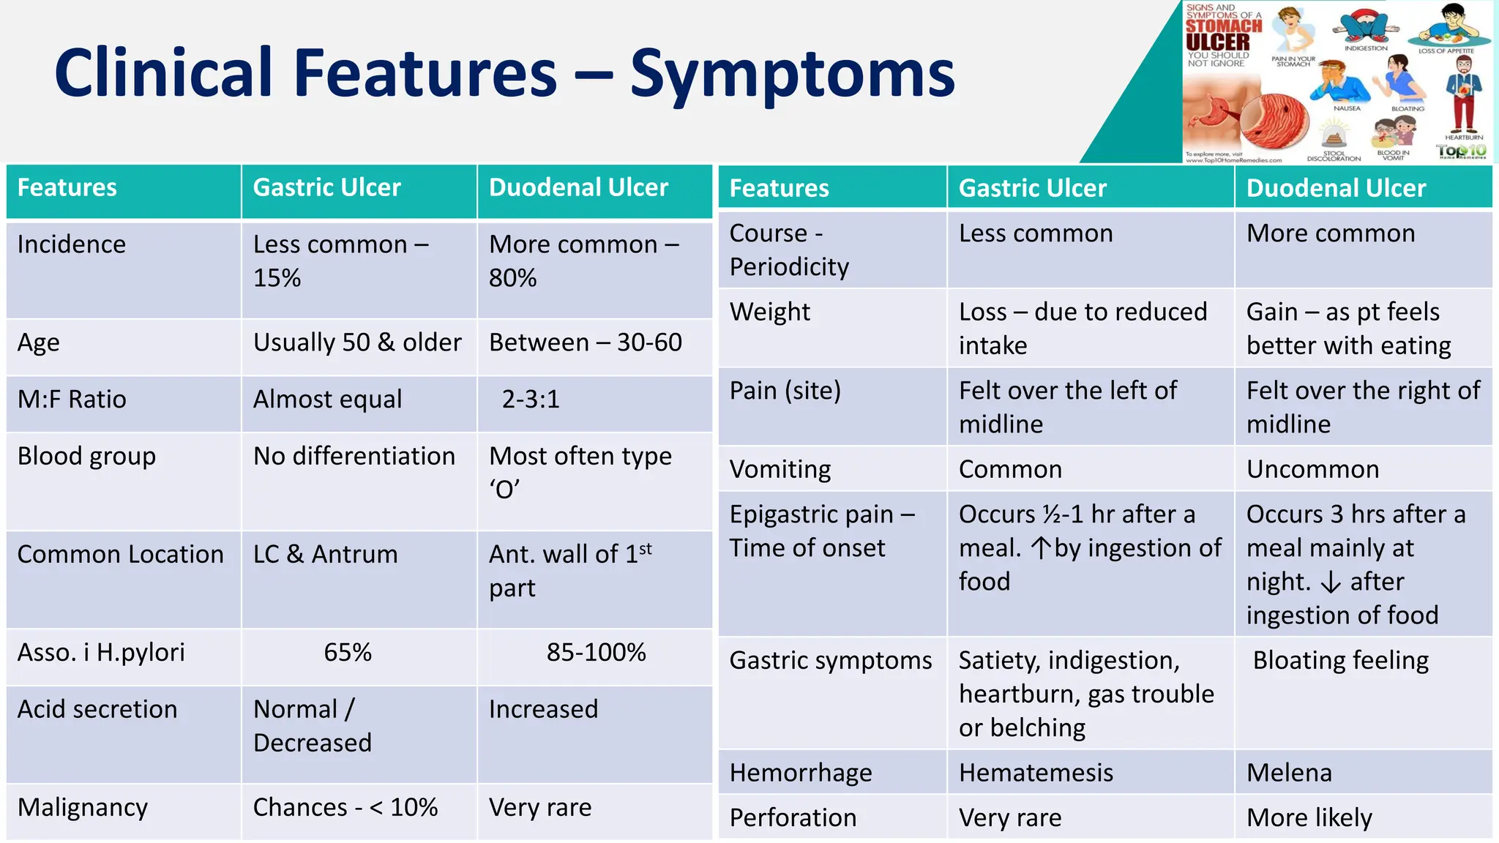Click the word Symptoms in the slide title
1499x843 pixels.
click(792, 73)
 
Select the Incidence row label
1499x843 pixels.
click(72, 244)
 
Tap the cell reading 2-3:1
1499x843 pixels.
click(531, 400)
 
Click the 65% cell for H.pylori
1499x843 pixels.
click(348, 653)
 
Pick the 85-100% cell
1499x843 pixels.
click(596, 653)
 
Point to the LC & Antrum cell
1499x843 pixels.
click(325, 555)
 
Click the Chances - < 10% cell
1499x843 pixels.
click(345, 808)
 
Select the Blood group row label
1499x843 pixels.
click(86, 457)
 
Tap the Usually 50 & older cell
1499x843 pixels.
click(357, 342)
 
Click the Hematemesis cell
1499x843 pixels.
click(1036, 773)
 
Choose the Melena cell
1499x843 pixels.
click(1289, 773)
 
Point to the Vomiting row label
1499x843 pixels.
click(780, 469)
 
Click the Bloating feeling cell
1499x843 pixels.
click(1340, 661)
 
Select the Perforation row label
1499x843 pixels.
click(793, 817)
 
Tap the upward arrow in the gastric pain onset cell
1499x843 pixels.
click(1041, 548)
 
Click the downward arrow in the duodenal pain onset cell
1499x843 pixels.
click(1331, 582)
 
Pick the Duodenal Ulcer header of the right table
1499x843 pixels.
click(1336, 189)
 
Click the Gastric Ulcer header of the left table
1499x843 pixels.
click(326, 188)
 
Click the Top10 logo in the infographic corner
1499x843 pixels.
click(1461, 151)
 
